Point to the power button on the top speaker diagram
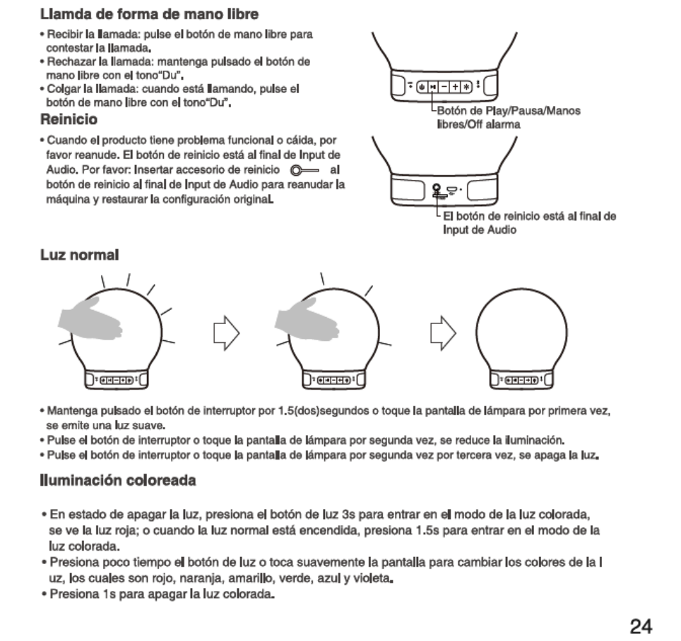[422, 85]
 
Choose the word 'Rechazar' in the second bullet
[69, 62]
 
